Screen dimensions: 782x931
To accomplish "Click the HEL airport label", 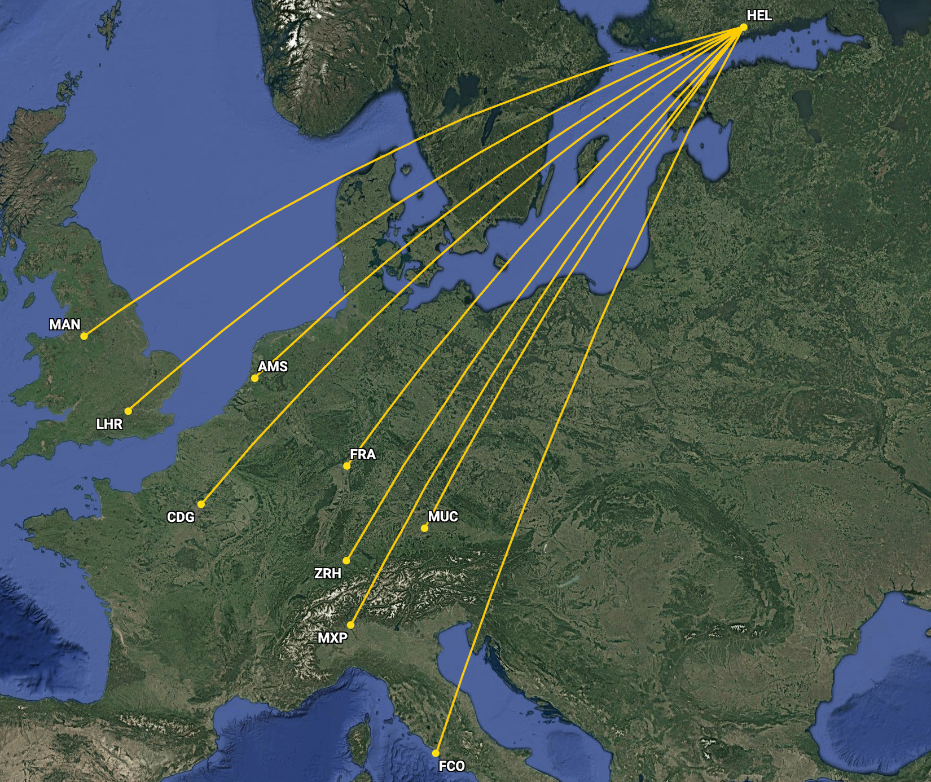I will (x=759, y=16).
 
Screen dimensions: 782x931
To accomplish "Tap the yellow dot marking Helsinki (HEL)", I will (x=744, y=27).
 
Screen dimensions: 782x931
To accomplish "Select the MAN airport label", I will (x=65, y=324).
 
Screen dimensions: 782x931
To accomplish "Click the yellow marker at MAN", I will (x=84, y=336).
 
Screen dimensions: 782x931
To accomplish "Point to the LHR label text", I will (x=109, y=424).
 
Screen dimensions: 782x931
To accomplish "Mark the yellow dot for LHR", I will (x=129, y=411).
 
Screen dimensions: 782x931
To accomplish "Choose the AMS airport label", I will (x=273, y=367).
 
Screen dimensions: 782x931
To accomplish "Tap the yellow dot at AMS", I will (x=255, y=379).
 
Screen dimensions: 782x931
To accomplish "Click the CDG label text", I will (x=181, y=517).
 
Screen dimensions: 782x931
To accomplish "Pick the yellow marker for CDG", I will (x=201, y=504).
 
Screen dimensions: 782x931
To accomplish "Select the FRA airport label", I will (x=362, y=454).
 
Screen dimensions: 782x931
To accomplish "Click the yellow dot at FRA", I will (x=347, y=466).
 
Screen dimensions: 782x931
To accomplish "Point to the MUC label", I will (x=443, y=516).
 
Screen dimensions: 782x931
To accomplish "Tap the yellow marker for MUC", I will (x=425, y=529).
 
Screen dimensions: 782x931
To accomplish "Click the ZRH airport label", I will (x=328, y=573).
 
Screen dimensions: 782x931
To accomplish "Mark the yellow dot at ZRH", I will (x=346, y=561).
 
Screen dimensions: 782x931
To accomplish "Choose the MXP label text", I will (x=332, y=638).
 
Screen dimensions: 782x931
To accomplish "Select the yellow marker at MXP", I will (x=351, y=625).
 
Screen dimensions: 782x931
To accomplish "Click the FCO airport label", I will (x=452, y=766).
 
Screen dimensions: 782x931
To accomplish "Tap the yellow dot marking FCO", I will (x=436, y=753).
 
